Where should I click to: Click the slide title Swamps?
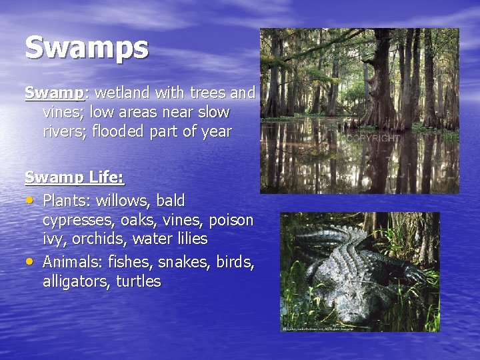click(87, 48)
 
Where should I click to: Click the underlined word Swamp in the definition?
click(48, 93)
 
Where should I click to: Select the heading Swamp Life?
click(75, 177)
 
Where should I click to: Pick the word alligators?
click(77, 281)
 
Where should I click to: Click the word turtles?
click(139, 281)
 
